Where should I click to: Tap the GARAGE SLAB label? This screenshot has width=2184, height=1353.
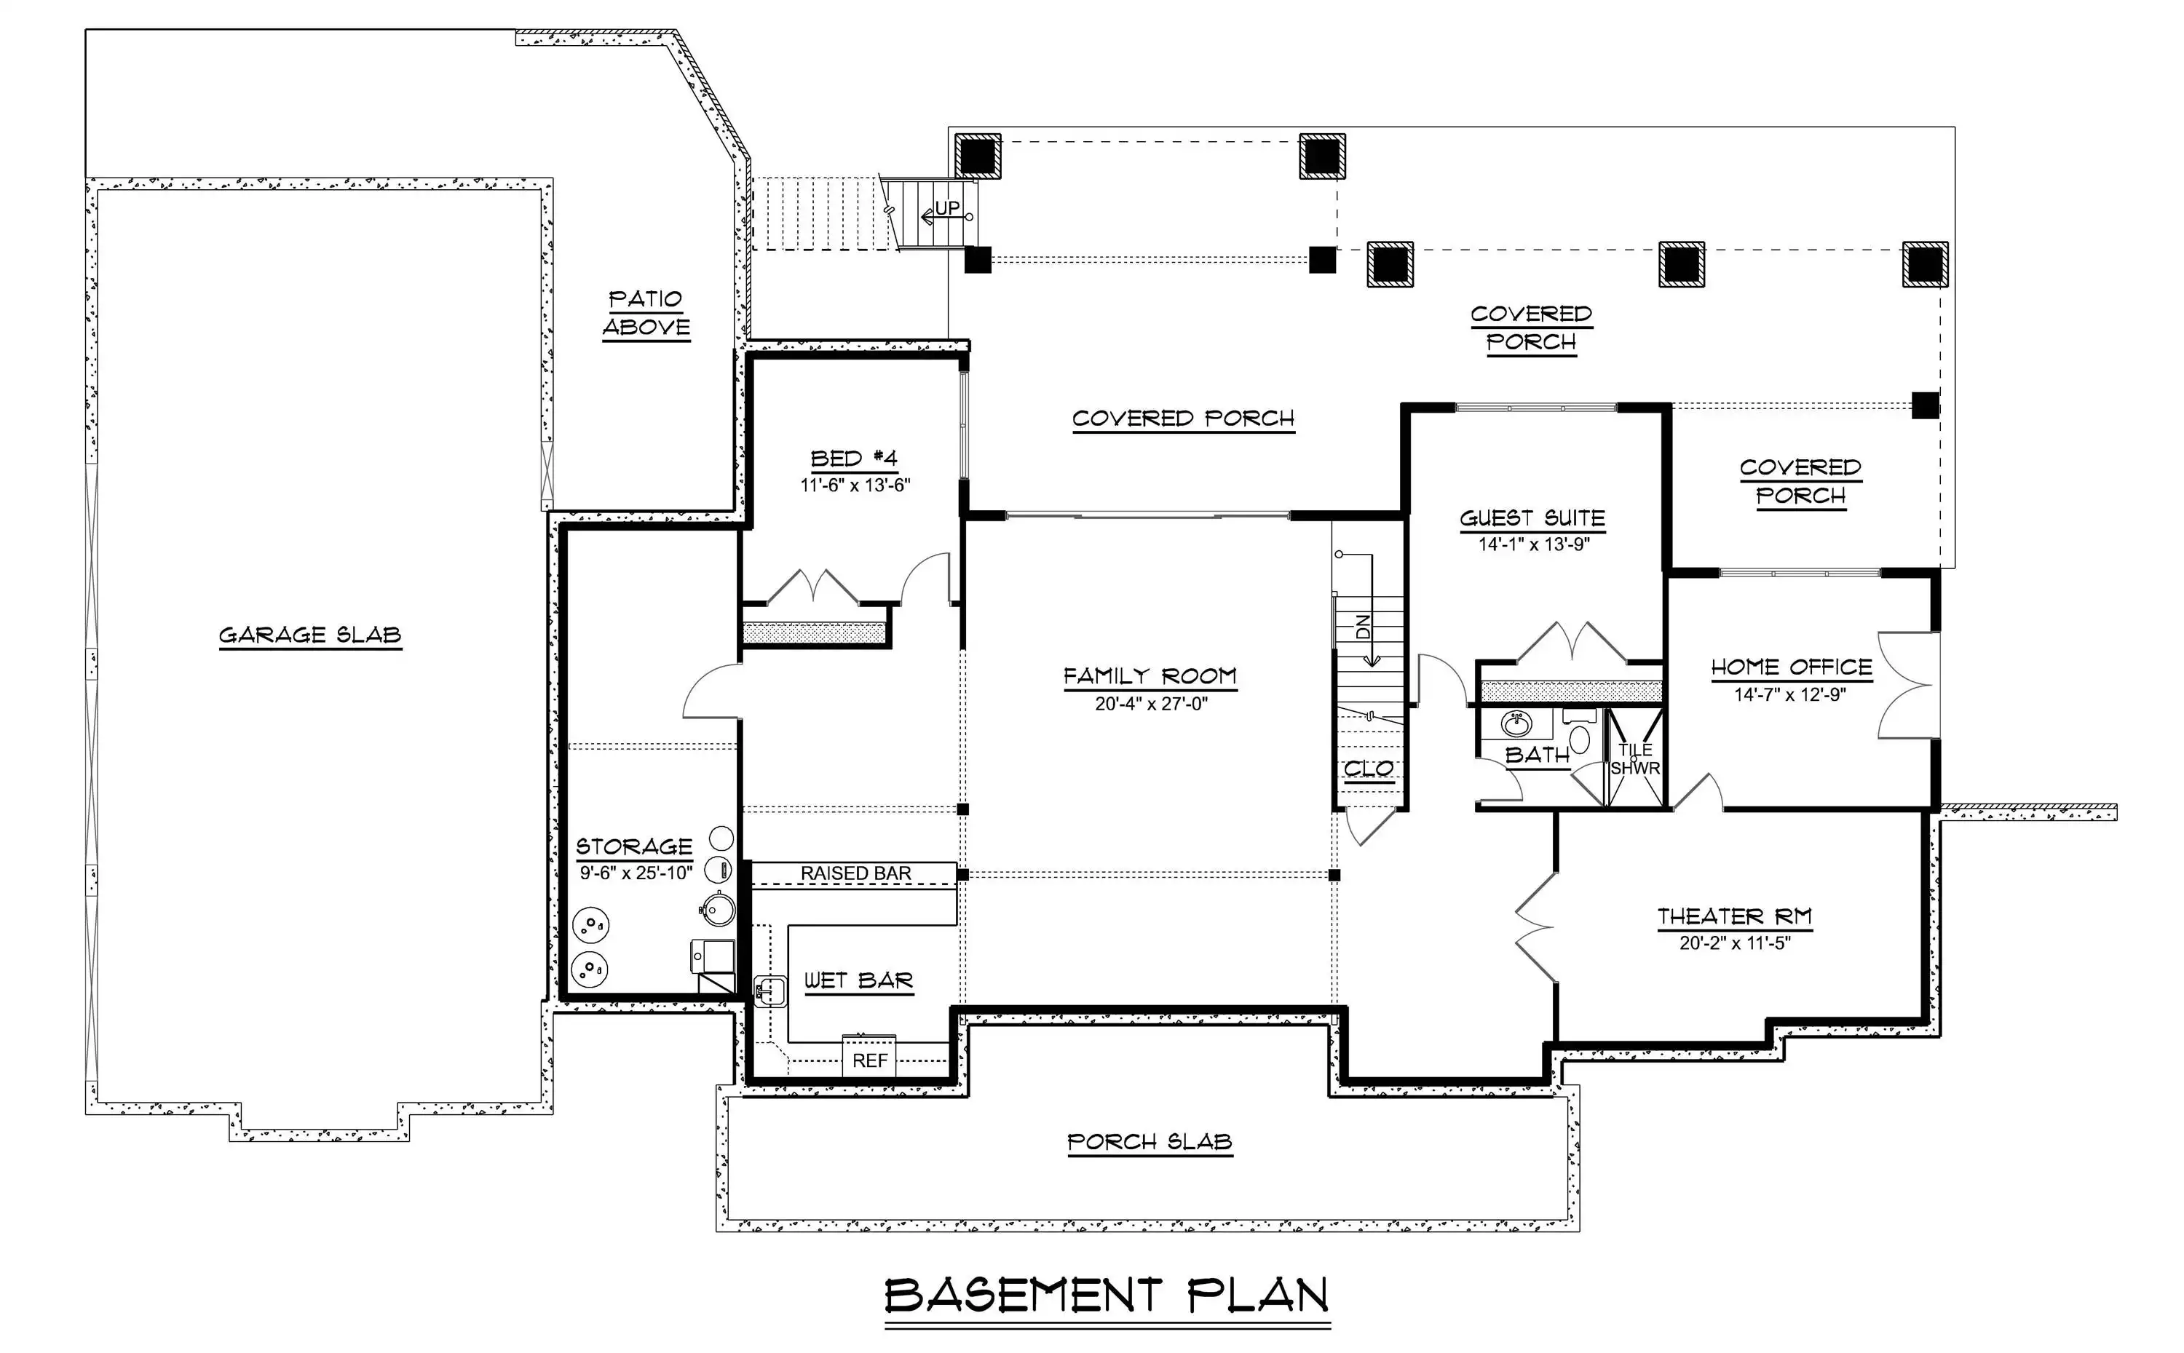(311, 635)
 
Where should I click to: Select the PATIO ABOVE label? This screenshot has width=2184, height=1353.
(645, 312)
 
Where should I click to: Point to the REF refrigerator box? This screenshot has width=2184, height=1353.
(869, 1056)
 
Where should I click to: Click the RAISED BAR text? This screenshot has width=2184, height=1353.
(855, 873)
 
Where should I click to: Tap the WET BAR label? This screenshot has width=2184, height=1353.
(858, 981)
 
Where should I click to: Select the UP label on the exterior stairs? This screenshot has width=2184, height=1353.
(947, 207)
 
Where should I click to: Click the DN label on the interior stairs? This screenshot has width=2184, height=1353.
(1364, 627)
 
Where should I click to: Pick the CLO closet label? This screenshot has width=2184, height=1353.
(1369, 769)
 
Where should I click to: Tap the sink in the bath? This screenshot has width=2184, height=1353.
(1516, 723)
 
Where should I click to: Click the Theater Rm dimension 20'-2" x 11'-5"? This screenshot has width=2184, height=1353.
(1735, 943)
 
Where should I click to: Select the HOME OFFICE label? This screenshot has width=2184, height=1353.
(1791, 667)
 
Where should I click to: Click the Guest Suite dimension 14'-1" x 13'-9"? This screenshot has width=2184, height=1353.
(1533, 544)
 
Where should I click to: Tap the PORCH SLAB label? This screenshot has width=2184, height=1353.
(1150, 1142)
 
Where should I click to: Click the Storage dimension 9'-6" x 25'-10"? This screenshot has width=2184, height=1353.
(636, 873)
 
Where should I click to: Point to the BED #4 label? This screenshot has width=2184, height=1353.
(854, 459)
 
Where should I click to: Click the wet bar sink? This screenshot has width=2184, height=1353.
(769, 991)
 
